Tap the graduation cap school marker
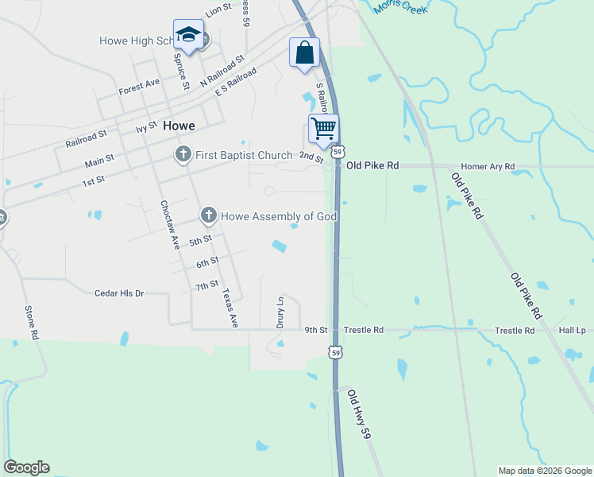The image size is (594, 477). [x=188, y=35]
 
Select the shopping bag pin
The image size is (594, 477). [x=304, y=53]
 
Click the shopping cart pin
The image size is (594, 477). [x=323, y=128]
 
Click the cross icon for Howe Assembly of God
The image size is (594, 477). [x=209, y=215]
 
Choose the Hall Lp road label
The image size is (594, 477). [x=572, y=330]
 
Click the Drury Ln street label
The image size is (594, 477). [x=280, y=312]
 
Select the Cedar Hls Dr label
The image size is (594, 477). [x=119, y=293]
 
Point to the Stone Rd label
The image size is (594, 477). [x=32, y=323]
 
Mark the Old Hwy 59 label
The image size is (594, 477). [x=359, y=413]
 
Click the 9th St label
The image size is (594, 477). [x=316, y=330]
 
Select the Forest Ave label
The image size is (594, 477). [x=140, y=86]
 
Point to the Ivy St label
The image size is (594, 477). [x=147, y=127]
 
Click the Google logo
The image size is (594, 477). [x=27, y=467]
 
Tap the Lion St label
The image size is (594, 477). [x=218, y=9]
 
